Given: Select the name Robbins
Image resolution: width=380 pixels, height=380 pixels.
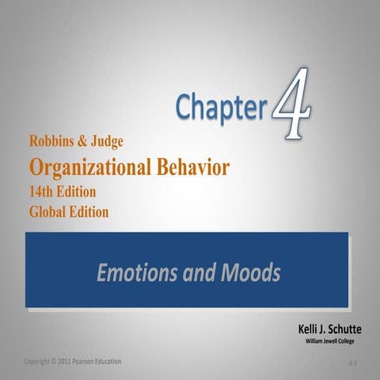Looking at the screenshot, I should pyautogui.click(x=55, y=143).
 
